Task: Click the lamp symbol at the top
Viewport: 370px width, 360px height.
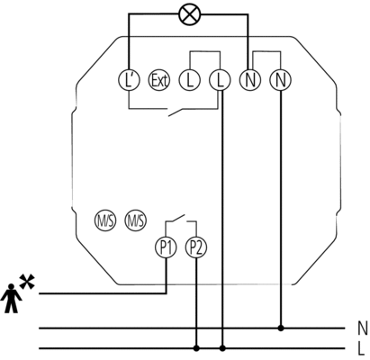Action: [190, 14]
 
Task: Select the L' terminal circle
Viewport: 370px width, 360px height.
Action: [129, 80]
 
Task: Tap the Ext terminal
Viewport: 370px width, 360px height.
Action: [159, 80]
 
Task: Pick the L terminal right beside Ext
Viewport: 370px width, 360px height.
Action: [190, 80]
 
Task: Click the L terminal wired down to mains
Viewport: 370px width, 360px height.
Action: [220, 80]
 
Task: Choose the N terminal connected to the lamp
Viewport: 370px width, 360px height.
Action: [250, 80]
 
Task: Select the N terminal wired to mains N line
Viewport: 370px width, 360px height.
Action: [280, 80]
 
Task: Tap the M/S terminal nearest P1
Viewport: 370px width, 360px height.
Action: [136, 220]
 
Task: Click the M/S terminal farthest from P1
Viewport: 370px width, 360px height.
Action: [105, 220]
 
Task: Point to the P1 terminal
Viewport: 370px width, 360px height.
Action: [166, 247]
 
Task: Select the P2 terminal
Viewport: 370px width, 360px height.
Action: [196, 247]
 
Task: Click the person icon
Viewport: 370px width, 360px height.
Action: [11, 298]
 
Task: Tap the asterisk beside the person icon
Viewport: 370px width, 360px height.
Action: [27, 282]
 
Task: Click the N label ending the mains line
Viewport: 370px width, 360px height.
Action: [362, 328]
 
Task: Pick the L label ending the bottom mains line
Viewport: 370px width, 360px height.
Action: [361, 348]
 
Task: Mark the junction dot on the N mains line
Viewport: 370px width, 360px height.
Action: [281, 328]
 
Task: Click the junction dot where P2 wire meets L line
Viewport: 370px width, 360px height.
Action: [196, 348]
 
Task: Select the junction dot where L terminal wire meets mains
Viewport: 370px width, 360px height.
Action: [222, 348]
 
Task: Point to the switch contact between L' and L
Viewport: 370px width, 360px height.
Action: [179, 112]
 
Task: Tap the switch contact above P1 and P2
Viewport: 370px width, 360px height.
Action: [176, 218]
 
